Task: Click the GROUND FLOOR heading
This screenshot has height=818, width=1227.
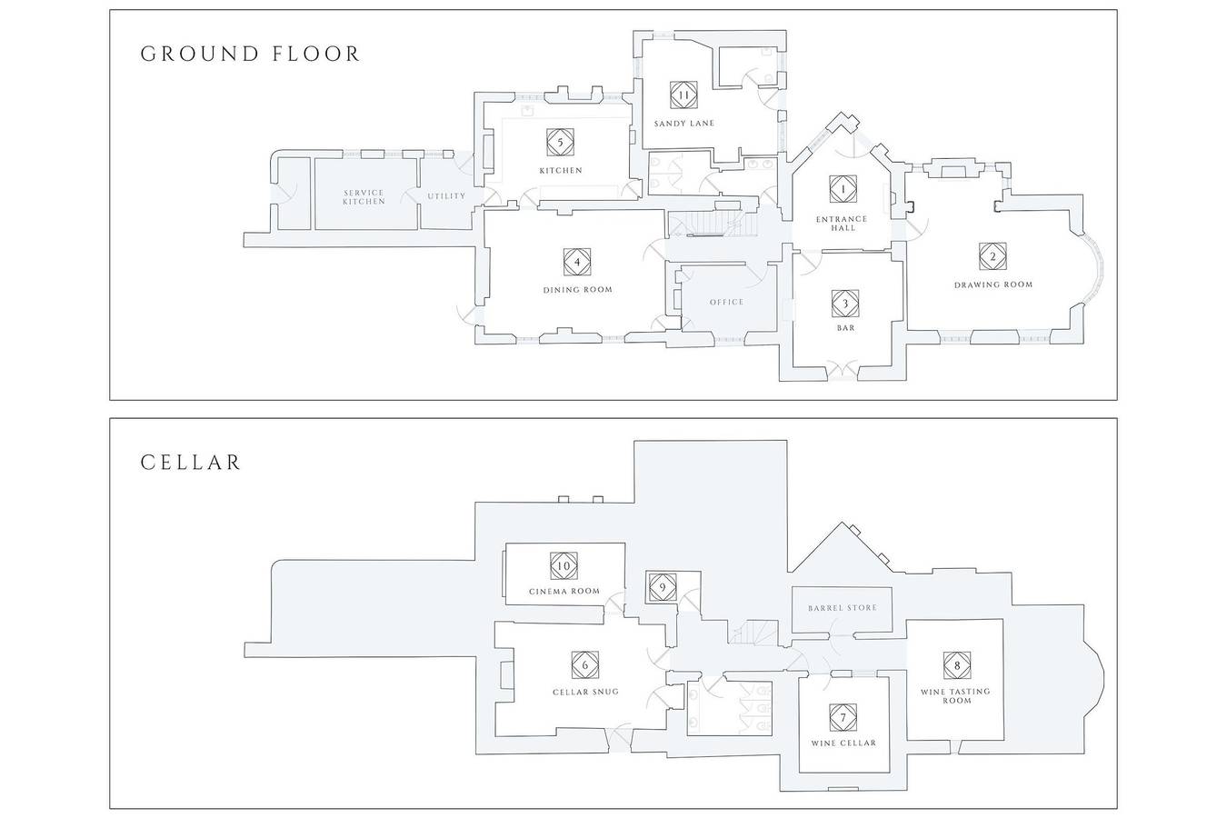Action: [x=250, y=54]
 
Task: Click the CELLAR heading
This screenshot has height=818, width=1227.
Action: [x=191, y=463]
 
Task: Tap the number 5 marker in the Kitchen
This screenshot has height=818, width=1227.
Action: [x=560, y=143]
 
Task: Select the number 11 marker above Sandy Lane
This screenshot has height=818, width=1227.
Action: [x=683, y=95]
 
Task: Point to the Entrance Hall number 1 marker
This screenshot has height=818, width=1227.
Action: [x=843, y=190]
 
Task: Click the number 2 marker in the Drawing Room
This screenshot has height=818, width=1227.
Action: [x=993, y=256]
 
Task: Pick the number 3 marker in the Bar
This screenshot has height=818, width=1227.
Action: [x=845, y=304]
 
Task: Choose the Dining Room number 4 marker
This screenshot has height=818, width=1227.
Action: [x=577, y=262]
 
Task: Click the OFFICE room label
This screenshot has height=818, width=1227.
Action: [x=726, y=302]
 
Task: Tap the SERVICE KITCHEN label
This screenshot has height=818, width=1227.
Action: [x=364, y=197]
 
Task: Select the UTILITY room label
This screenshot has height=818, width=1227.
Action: [x=446, y=196]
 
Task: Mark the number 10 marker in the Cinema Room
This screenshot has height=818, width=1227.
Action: [x=564, y=565]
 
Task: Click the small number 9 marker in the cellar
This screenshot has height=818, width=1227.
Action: [x=663, y=588]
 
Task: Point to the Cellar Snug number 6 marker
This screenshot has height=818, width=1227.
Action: [x=585, y=665]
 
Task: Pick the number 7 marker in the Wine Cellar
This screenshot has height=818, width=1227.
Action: [x=843, y=718]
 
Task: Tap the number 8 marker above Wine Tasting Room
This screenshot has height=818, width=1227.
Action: [x=957, y=665]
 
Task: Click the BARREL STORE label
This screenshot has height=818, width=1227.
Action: [x=843, y=608]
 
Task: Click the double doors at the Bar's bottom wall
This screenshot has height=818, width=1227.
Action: [x=842, y=370]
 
